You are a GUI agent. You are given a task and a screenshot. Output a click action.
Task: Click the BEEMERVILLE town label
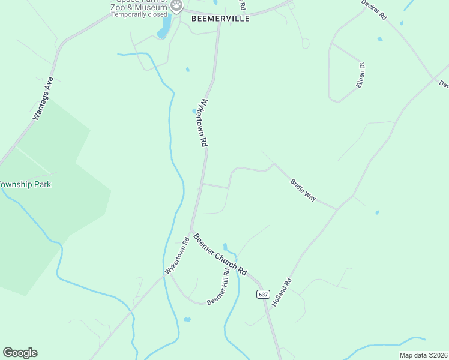tap(220, 19)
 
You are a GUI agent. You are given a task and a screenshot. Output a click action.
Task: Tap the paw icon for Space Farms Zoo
tap(176, 6)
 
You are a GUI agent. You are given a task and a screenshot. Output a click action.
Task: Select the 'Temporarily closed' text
tap(139, 14)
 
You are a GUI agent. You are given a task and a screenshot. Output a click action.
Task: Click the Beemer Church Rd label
tap(220, 254)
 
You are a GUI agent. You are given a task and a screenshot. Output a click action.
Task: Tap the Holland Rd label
tap(281, 292)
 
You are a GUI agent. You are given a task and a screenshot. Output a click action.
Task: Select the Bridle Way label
tap(303, 190)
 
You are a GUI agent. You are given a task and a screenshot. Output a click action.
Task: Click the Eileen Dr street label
tap(360, 76)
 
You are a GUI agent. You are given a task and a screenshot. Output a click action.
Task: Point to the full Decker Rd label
tap(373, 11)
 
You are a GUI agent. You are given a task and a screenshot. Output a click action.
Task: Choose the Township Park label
tap(25, 184)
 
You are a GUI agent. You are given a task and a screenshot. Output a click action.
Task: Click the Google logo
tap(20, 353)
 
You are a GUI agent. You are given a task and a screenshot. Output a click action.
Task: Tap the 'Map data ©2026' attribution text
tap(424, 355)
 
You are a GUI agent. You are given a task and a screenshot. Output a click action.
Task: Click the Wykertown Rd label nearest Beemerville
tap(205, 123)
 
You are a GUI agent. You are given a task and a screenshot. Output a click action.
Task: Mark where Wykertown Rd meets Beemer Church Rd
tap(191, 230)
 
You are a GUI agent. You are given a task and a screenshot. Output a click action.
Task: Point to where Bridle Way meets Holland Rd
tap(337, 209)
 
